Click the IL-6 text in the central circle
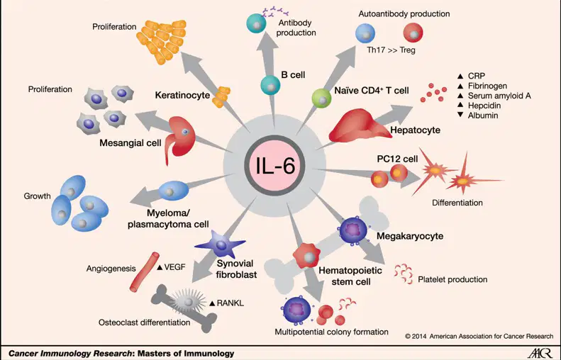(x=274, y=166)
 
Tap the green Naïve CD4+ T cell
(x=322, y=99)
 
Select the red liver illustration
(x=360, y=126)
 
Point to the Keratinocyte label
(x=182, y=95)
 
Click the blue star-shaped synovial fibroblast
(x=220, y=244)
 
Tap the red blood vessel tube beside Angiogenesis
(x=144, y=271)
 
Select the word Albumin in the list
(x=483, y=116)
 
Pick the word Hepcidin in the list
(x=484, y=106)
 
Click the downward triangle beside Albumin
(x=460, y=115)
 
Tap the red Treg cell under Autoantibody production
(x=413, y=33)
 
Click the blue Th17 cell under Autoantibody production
(x=365, y=33)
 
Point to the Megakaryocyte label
(x=410, y=236)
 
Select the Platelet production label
(x=452, y=279)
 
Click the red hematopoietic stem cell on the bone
(x=306, y=255)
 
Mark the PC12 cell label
(x=397, y=158)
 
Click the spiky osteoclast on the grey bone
(x=189, y=301)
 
